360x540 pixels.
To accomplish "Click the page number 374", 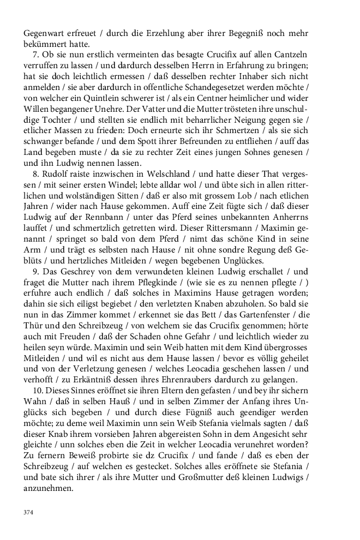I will coord(29,512).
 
